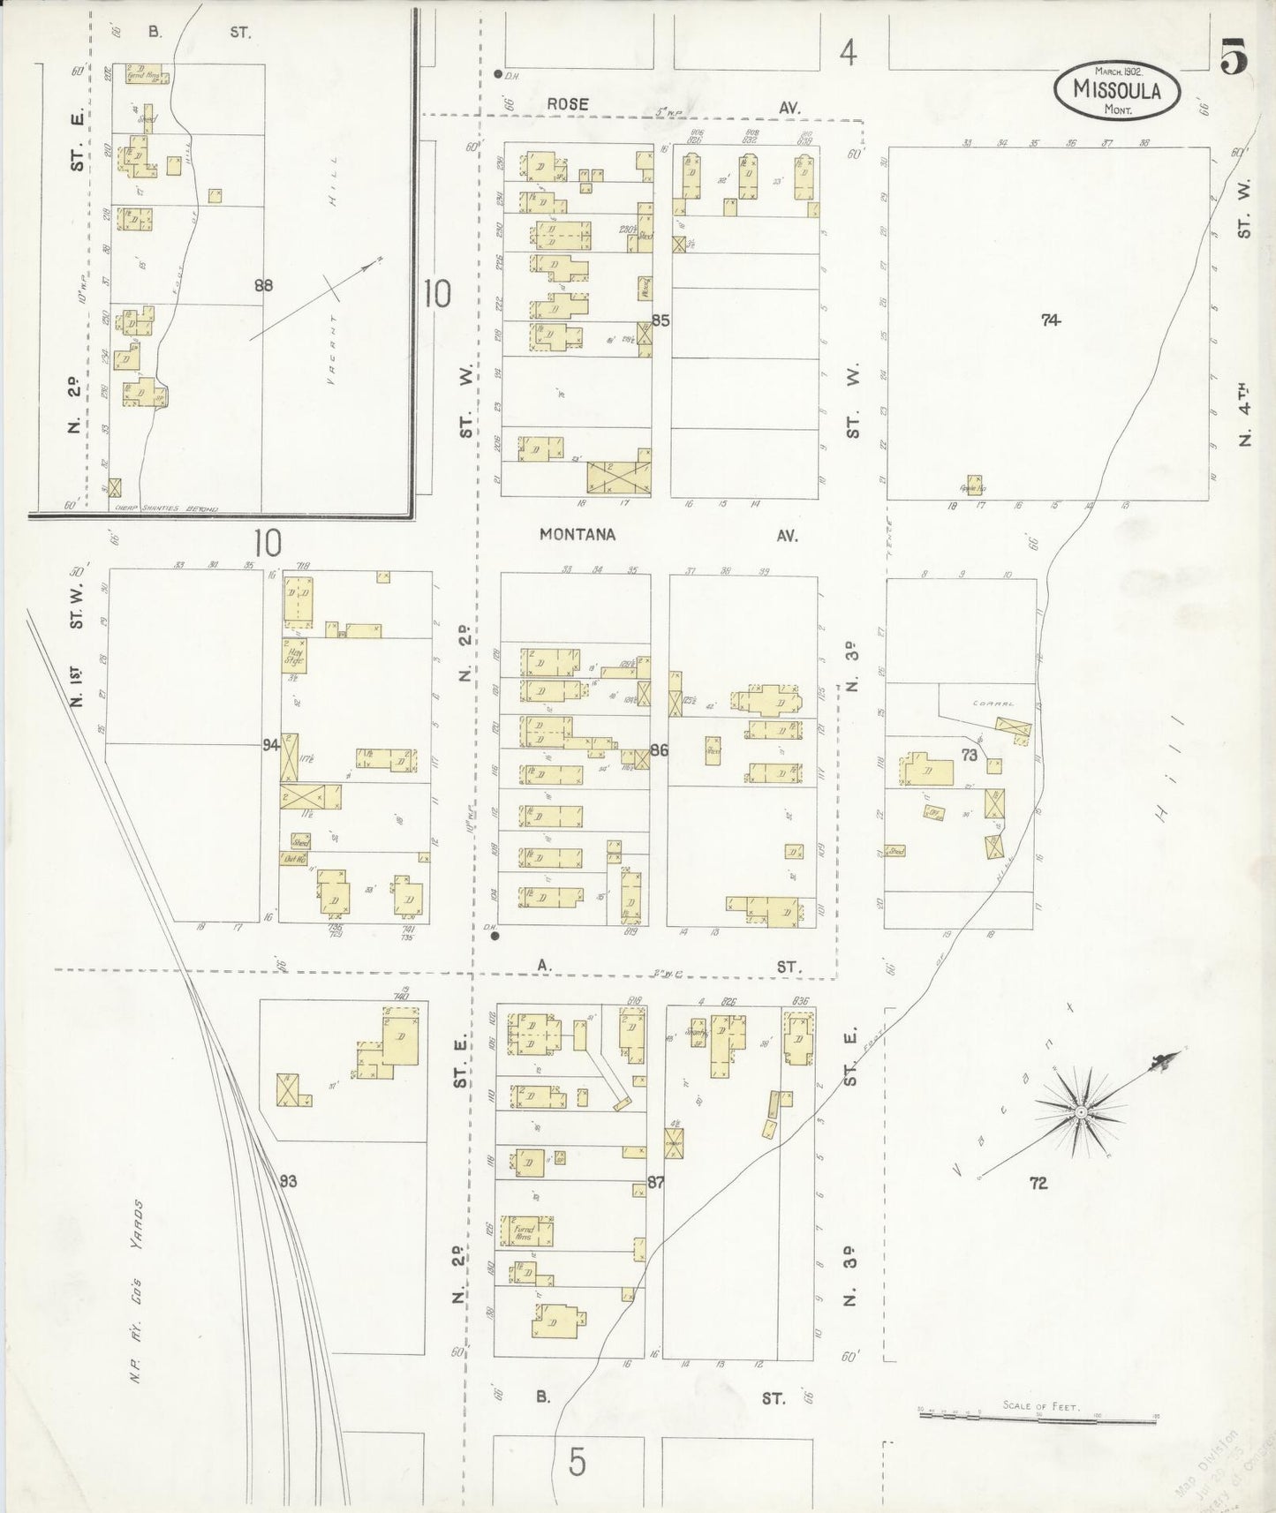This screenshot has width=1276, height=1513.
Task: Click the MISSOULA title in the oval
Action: click(1116, 89)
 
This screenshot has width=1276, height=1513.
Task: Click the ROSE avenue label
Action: click(567, 104)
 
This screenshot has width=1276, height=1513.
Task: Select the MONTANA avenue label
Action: click(578, 535)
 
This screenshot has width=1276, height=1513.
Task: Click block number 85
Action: click(661, 320)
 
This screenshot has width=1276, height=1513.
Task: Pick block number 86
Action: click(659, 750)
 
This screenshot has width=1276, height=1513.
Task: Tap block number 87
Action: click(655, 1181)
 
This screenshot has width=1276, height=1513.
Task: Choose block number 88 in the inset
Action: click(263, 285)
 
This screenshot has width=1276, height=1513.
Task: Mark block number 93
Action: click(288, 1181)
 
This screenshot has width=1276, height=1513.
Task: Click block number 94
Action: click(270, 745)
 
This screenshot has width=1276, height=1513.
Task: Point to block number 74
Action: click(1049, 320)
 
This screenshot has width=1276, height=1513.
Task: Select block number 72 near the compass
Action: click(1038, 1183)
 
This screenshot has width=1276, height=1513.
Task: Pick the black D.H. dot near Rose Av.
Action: click(498, 74)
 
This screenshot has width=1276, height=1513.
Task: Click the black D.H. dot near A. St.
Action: click(495, 936)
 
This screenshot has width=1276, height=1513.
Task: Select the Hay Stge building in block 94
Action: click(294, 655)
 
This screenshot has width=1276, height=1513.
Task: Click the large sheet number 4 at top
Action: click(848, 55)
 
